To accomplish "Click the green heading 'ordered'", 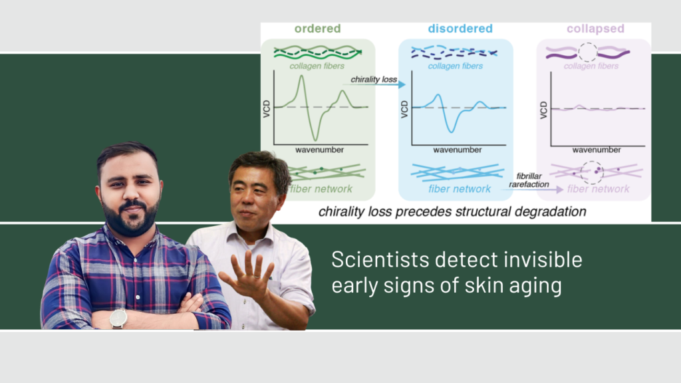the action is [x=317, y=29].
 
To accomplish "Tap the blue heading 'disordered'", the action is [x=460, y=29].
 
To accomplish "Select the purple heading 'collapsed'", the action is [x=595, y=29].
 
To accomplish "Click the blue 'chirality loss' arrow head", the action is [x=402, y=84].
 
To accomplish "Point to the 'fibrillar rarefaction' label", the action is [x=529, y=180].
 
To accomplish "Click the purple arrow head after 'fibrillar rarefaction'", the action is [x=560, y=190].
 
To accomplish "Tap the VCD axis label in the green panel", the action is [x=267, y=108].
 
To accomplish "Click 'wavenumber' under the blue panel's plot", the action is [x=458, y=150].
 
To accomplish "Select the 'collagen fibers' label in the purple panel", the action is [x=591, y=66].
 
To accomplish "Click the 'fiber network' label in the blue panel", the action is [x=460, y=189].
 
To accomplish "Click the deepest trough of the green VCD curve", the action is [x=315, y=140].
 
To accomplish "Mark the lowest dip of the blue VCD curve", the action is [x=452, y=131].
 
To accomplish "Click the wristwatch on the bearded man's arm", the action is [x=118, y=319].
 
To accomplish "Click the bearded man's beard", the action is [x=131, y=219].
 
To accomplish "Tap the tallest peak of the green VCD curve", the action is [x=301, y=76].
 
